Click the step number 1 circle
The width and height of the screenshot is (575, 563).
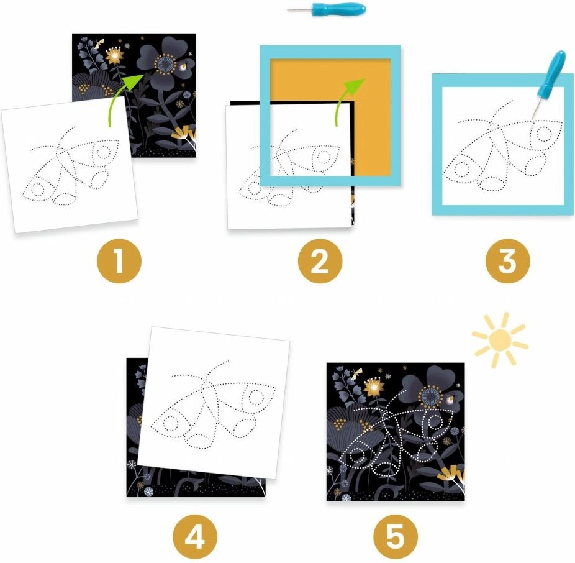[x=119, y=261]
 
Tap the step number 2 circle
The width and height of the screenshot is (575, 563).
[x=320, y=261]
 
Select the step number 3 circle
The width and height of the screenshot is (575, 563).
[x=507, y=261]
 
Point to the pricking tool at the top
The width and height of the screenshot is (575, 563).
[x=327, y=8]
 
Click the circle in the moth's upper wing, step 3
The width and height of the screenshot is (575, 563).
[x=543, y=134]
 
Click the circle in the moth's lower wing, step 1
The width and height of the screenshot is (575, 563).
[x=37, y=189]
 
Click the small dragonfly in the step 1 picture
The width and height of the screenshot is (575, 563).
[x=98, y=43]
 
